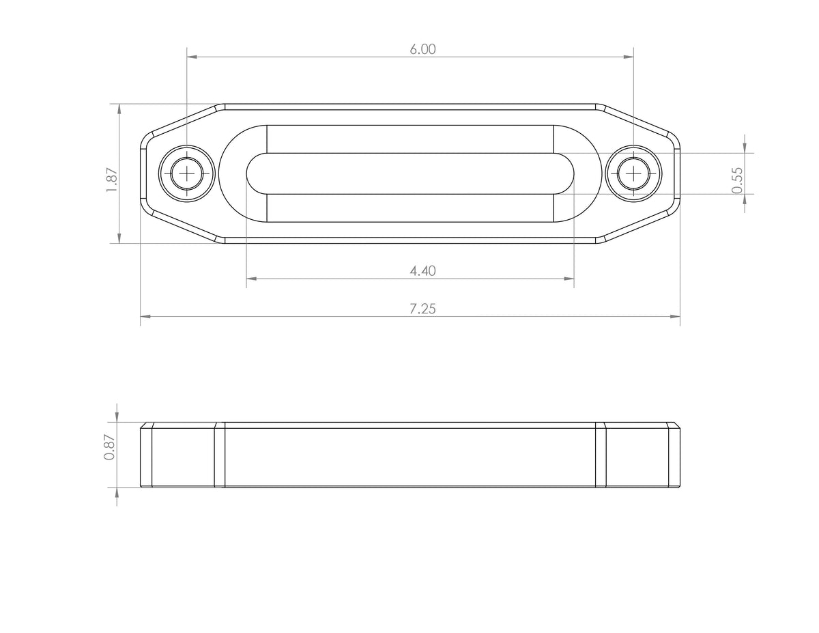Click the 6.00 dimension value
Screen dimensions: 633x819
point(422,49)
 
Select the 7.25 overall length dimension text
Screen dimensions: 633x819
point(422,309)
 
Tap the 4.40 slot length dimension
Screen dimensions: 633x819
point(422,271)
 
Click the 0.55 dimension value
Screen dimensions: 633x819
point(737,180)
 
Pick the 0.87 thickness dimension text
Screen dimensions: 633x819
point(109,449)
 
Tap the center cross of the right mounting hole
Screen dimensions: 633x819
point(635,173)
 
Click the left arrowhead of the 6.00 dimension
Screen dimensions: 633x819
point(192,57)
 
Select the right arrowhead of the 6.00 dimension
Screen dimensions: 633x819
point(629,57)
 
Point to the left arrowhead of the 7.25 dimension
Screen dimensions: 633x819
point(145,317)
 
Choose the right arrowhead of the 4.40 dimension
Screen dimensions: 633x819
point(569,279)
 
